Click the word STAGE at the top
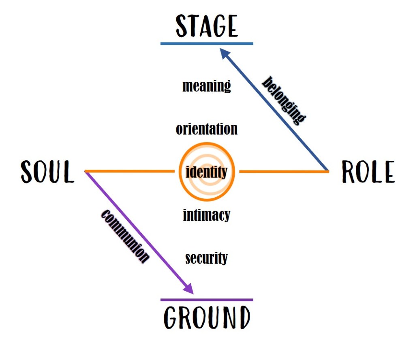click(x=207, y=26)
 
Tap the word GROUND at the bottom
click(x=207, y=317)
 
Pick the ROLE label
click(x=368, y=172)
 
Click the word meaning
click(x=207, y=86)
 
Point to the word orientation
click(x=207, y=129)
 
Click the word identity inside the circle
click(x=207, y=173)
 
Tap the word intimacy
click(x=207, y=215)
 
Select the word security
click(x=207, y=258)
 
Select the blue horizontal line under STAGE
click(x=207, y=43)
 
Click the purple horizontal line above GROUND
click(x=207, y=300)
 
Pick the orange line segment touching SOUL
click(x=130, y=172)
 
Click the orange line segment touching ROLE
click(x=284, y=172)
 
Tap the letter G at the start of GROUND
click(x=171, y=317)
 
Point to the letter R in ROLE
click(x=349, y=172)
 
